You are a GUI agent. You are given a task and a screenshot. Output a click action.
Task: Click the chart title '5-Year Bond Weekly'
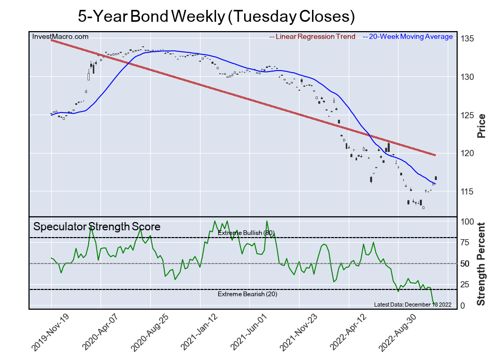(216, 16)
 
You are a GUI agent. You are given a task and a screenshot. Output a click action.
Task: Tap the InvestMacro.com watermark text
(60, 36)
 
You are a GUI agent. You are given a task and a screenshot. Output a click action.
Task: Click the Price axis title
(481, 126)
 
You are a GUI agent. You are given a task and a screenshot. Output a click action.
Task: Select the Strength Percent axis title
(481, 264)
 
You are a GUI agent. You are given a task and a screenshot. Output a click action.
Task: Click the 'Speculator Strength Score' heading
(97, 227)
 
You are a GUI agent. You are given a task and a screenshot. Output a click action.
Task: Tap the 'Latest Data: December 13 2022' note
(413, 304)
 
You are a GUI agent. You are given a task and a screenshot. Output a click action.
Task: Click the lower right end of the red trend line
(434, 155)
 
